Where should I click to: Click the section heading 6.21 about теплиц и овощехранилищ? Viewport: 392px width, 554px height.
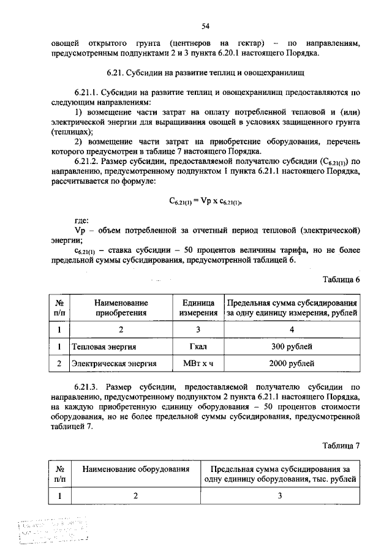[x=206, y=73]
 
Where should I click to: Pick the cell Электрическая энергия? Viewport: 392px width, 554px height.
[x=114, y=364]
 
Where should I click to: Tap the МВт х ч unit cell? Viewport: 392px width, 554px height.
[x=198, y=364]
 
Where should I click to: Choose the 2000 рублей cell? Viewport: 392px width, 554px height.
[x=292, y=364]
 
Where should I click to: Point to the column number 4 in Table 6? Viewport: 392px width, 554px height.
[x=292, y=330]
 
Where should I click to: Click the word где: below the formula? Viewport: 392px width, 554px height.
[x=81, y=219]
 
